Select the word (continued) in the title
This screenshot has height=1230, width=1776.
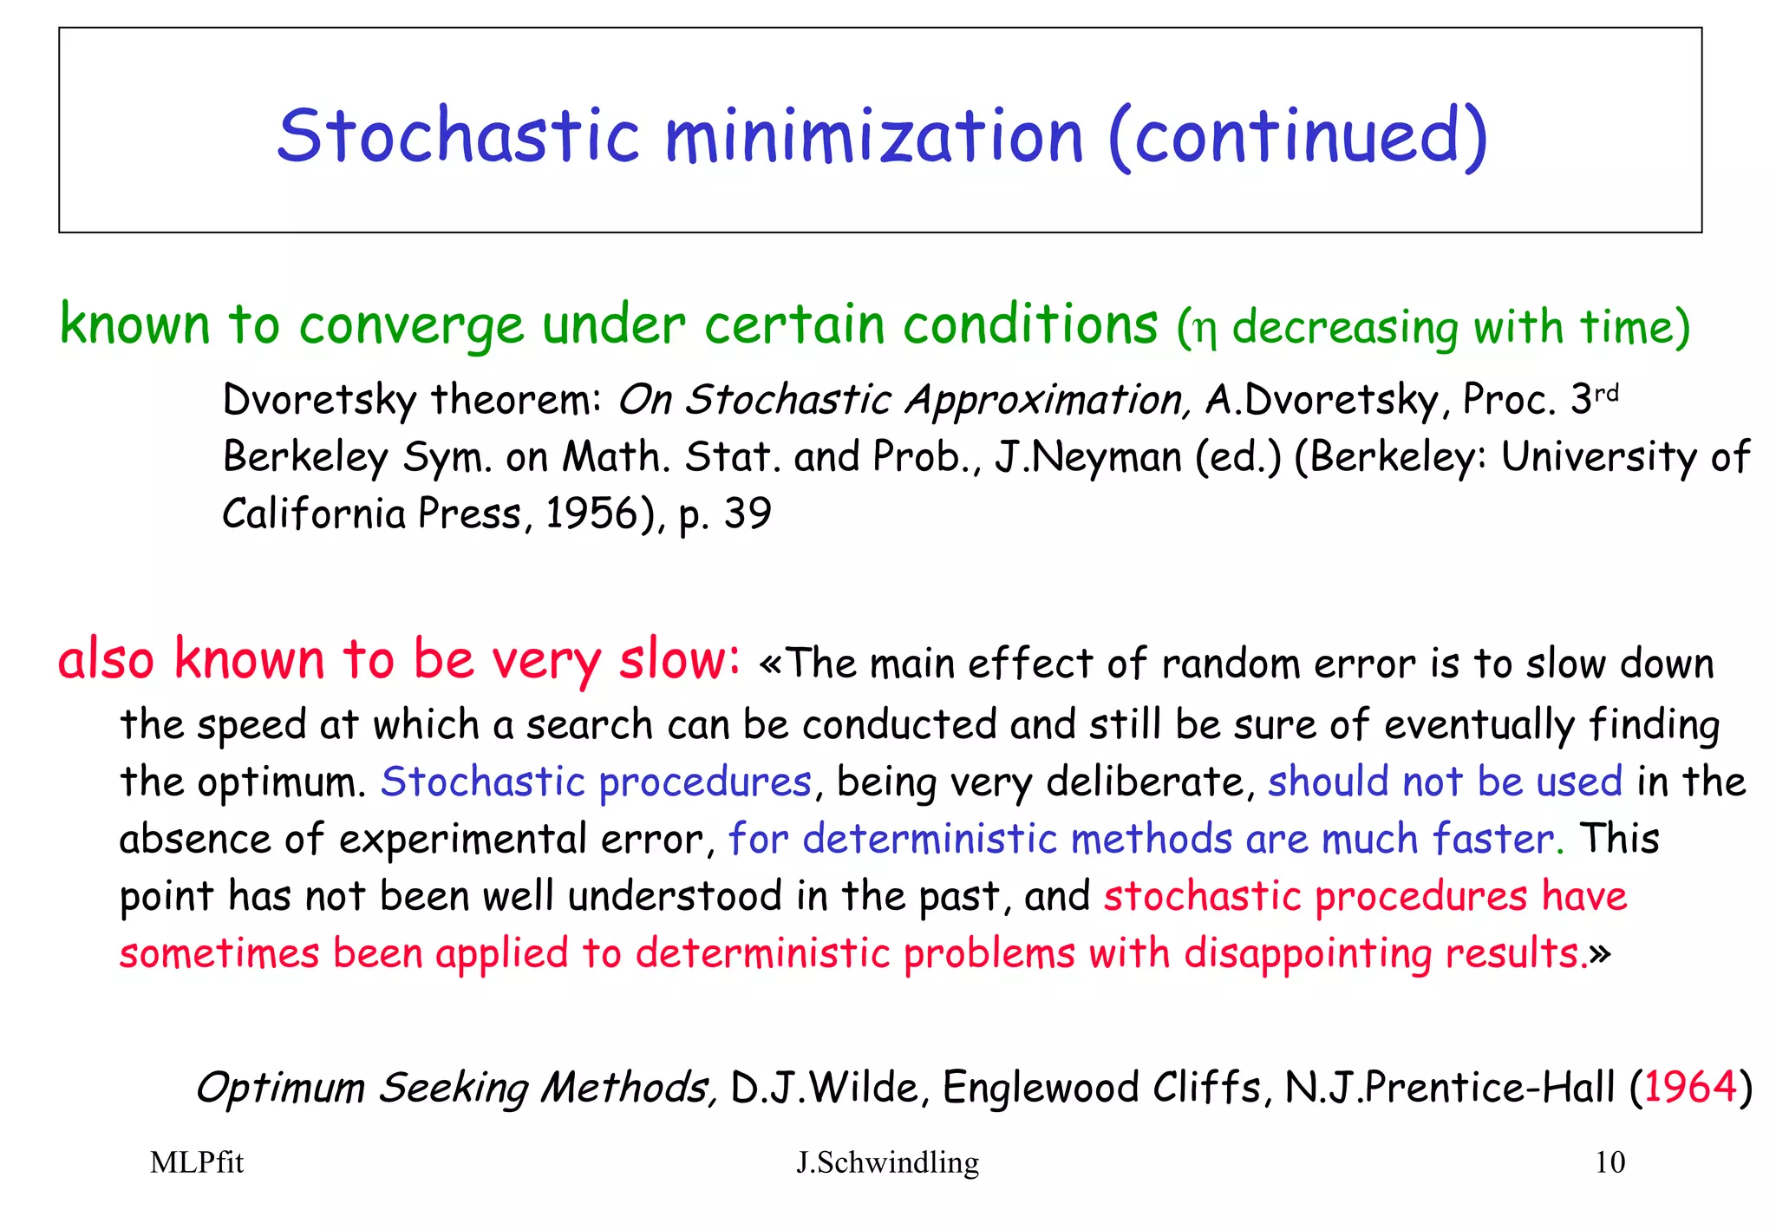[1298, 137]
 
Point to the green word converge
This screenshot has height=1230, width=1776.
[411, 326]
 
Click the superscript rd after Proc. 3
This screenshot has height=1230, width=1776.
[1607, 393]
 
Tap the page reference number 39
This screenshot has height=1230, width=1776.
[748, 514]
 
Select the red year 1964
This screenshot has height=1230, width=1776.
[1690, 1087]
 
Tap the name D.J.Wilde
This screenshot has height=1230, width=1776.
[825, 1087]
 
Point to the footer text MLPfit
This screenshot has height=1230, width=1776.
[197, 1162]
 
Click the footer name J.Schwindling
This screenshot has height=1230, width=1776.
[887, 1162]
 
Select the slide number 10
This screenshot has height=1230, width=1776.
[1609, 1162]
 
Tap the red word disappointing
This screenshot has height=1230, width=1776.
[1308, 954]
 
